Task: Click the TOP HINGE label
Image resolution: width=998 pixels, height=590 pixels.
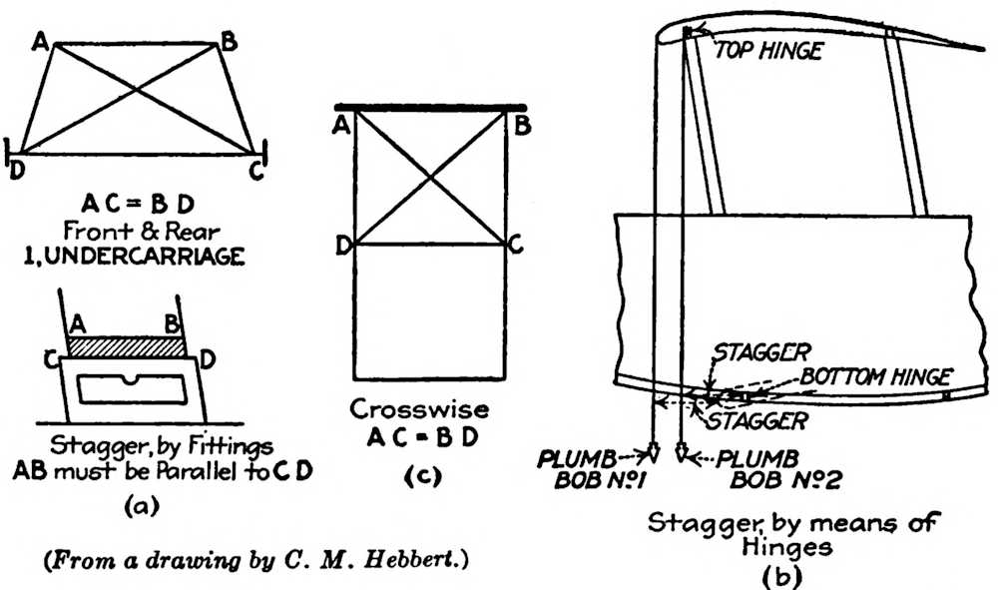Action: pyautogui.click(x=767, y=51)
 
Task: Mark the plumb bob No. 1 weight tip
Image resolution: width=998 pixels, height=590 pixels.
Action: pyautogui.click(x=654, y=458)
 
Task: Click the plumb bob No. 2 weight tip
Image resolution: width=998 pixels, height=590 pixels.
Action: pyautogui.click(x=682, y=458)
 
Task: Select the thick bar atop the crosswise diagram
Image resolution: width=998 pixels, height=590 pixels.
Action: pyautogui.click(x=431, y=106)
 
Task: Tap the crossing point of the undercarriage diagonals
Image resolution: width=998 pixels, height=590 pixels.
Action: pyautogui.click(x=136, y=98)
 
